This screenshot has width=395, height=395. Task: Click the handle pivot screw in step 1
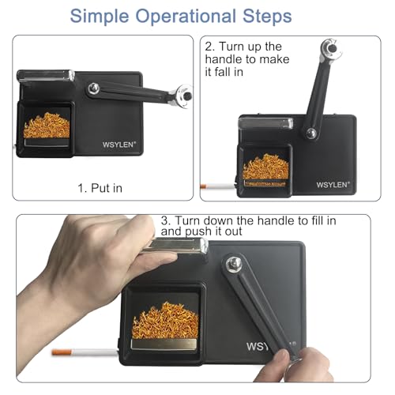pyautogui.click(x=93, y=88)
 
